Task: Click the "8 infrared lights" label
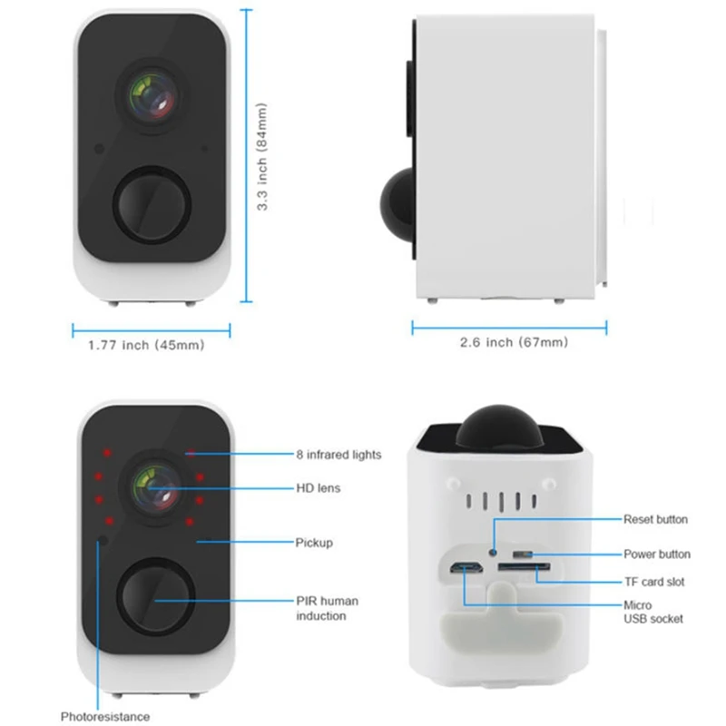(x=338, y=454)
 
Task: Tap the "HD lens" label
(x=318, y=488)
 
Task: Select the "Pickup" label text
(x=314, y=543)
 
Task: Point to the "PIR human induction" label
(x=327, y=608)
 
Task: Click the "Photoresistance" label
(x=105, y=717)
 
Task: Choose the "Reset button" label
(x=655, y=519)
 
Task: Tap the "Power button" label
(x=656, y=554)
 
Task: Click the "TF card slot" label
(x=653, y=582)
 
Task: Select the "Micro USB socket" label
(x=652, y=612)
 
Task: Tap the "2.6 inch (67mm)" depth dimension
(x=514, y=342)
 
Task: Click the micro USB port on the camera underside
(x=464, y=570)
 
